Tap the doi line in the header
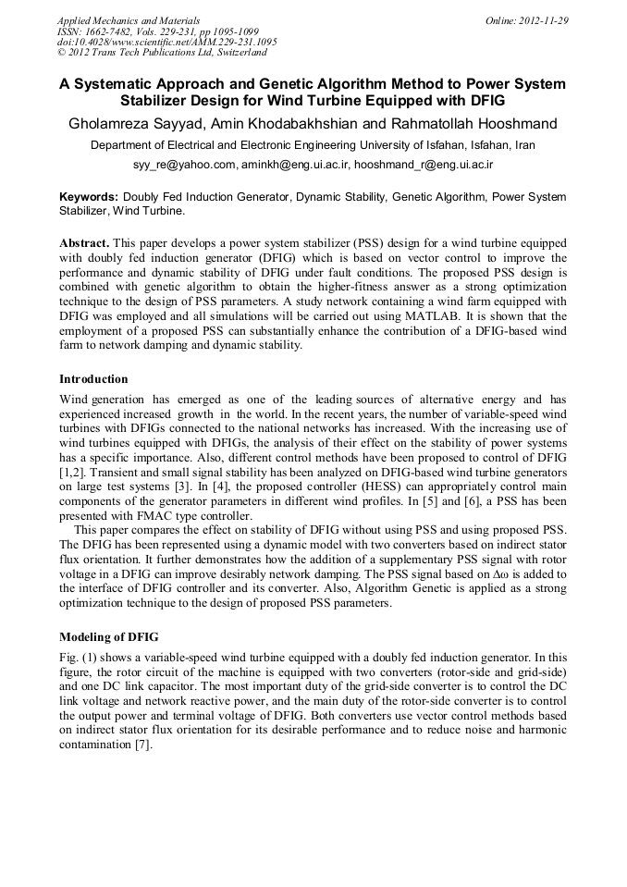166,42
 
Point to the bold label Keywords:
89,197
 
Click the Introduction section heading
93,379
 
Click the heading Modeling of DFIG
108,636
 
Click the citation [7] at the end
143,745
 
